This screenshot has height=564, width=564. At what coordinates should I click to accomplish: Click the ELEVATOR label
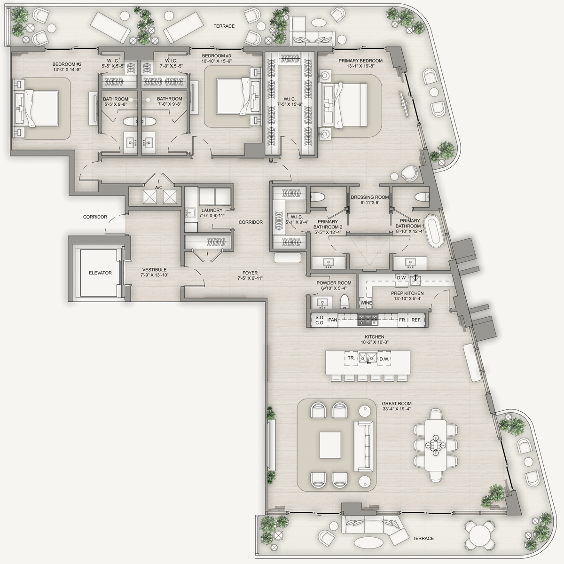pos(100,273)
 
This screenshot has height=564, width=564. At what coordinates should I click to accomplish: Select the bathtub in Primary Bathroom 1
pos(434,231)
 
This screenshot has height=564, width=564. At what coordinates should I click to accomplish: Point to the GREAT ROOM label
pos(397,403)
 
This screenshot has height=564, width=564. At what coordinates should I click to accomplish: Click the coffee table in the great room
pos(330,445)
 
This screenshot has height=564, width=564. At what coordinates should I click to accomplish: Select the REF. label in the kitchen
pos(416,320)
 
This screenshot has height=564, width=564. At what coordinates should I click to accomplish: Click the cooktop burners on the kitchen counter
pos(368,320)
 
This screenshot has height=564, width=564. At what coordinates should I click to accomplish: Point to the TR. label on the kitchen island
pos(351,358)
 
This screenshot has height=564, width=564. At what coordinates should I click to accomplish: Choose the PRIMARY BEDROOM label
pos(360,61)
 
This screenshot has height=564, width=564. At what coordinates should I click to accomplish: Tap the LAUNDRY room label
pos(212,210)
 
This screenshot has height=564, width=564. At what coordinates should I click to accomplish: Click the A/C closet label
pos(159,188)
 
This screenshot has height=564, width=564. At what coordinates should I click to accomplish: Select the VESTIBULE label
pos(154,270)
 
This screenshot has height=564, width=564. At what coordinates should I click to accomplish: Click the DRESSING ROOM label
pos(370,197)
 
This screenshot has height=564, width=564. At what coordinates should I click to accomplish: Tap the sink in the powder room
pos(322,302)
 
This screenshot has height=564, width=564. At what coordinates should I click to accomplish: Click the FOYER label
pos(250,273)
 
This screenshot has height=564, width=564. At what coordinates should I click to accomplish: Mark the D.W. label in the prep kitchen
pos(401,277)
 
